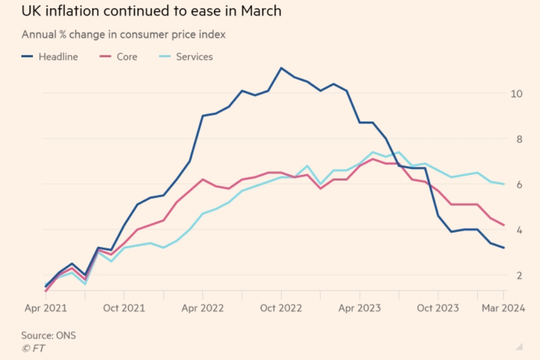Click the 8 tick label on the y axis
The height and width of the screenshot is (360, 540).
click(x=518, y=139)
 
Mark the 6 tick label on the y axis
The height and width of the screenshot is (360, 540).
click(x=518, y=185)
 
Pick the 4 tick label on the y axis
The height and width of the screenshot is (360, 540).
click(x=518, y=230)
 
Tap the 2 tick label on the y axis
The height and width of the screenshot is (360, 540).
click(x=518, y=276)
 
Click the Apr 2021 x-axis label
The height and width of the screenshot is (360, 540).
click(x=46, y=308)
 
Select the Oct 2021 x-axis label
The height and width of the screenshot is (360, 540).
click(x=124, y=308)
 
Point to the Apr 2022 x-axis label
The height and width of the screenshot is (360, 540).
click(x=202, y=308)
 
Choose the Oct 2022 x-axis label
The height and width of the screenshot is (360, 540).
click(x=281, y=308)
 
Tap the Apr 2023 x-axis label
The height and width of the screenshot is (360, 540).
click(x=359, y=308)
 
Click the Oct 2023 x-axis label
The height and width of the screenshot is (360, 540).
click(x=438, y=308)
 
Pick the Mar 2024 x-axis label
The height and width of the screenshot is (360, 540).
click(x=503, y=308)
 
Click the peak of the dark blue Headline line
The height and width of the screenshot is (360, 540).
click(x=281, y=68)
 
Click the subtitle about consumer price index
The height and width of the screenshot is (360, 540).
click(x=123, y=35)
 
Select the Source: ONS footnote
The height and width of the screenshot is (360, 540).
click(x=48, y=335)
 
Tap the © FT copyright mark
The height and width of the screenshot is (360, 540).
click(x=33, y=348)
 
